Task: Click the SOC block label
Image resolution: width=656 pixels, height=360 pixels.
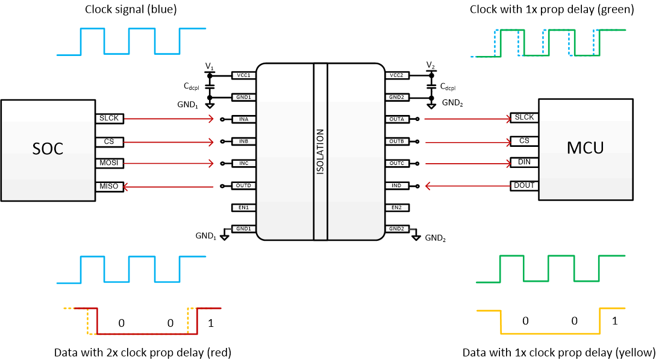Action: pyautogui.click(x=48, y=149)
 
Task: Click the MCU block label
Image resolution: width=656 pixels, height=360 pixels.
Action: pyautogui.click(x=586, y=147)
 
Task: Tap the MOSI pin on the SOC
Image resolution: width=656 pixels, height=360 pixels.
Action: pyautogui.click(x=109, y=164)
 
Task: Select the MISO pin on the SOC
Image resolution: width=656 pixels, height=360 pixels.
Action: pyautogui.click(x=109, y=187)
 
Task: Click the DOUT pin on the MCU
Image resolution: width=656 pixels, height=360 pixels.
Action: pyautogui.click(x=523, y=185)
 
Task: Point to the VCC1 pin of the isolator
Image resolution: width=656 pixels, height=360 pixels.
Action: pyautogui.click(x=244, y=75)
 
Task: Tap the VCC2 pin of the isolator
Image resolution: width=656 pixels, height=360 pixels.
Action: pyautogui.click(x=396, y=75)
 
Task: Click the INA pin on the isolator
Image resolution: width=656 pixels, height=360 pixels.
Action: pyautogui.click(x=244, y=119)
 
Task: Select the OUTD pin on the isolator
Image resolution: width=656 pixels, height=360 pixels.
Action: pyautogui.click(x=244, y=185)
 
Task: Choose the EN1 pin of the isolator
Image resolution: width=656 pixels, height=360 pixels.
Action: pyautogui.click(x=244, y=208)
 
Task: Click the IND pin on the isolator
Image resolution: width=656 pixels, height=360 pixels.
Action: pyautogui.click(x=396, y=185)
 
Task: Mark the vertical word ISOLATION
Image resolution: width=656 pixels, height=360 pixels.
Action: pyautogui.click(x=320, y=152)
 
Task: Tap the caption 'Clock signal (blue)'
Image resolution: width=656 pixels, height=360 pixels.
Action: pyautogui.click(x=131, y=9)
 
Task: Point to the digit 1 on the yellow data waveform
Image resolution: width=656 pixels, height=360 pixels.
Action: pyautogui.click(x=614, y=321)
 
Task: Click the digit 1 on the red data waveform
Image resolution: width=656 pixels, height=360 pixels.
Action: pyautogui.click(x=210, y=323)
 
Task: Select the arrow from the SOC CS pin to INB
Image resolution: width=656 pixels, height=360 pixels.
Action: pyautogui.click(x=169, y=142)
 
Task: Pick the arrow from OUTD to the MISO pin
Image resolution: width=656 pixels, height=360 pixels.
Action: pyautogui.click(x=169, y=187)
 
